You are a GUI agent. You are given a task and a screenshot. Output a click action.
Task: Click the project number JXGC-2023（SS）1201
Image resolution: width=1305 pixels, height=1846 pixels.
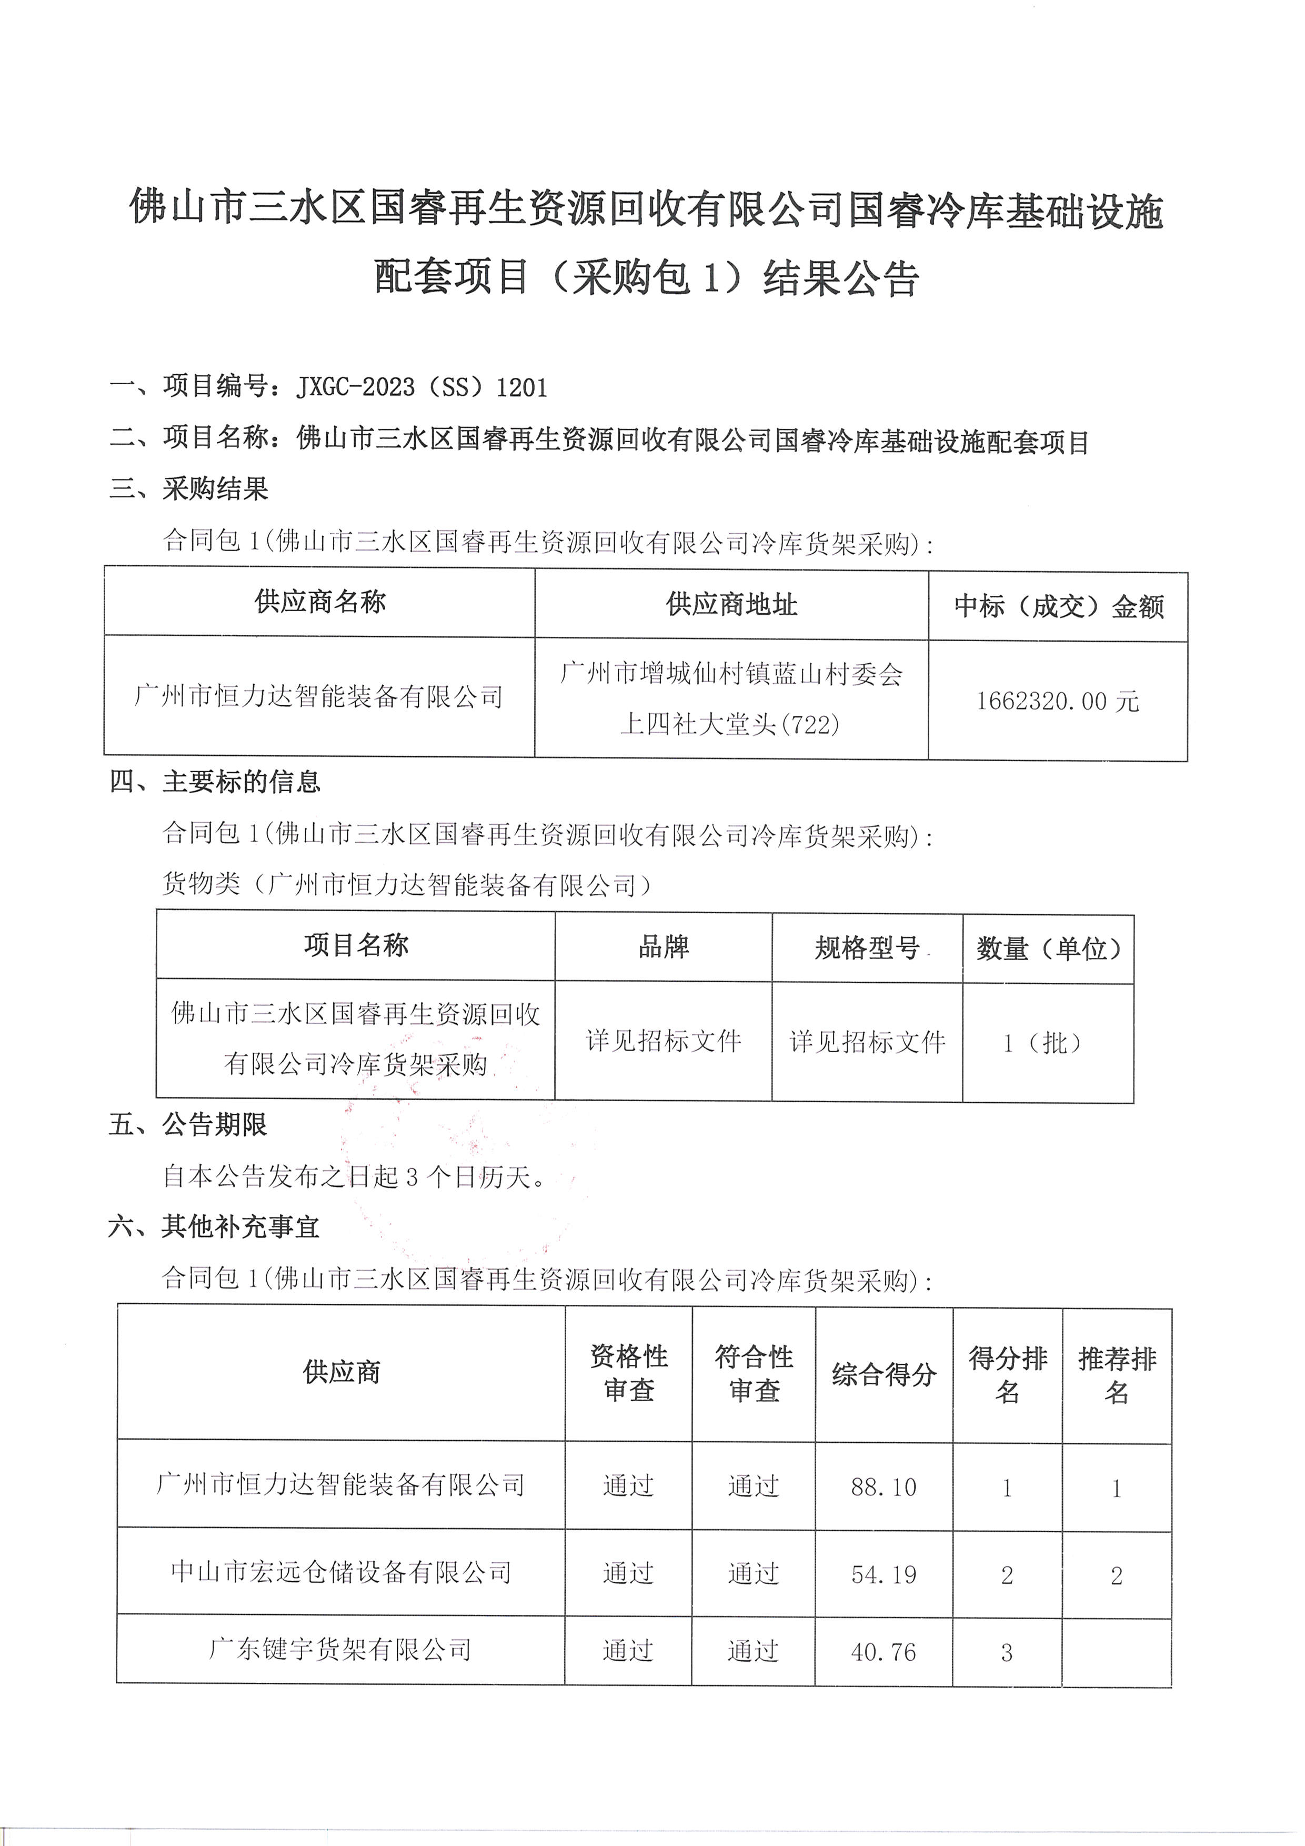click(x=422, y=387)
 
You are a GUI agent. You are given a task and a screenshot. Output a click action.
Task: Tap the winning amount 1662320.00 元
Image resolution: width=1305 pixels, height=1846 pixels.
click(x=1058, y=701)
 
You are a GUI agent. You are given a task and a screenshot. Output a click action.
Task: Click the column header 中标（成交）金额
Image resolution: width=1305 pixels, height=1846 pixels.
click(x=1058, y=606)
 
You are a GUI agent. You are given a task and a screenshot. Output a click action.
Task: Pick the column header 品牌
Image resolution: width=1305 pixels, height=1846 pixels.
click(x=664, y=947)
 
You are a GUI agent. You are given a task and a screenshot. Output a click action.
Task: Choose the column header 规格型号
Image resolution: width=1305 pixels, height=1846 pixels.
click(x=867, y=949)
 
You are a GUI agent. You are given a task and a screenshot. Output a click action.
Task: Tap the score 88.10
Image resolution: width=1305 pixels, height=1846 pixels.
click(x=883, y=1488)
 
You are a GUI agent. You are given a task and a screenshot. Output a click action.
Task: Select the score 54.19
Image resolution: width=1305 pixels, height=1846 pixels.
click(x=883, y=1575)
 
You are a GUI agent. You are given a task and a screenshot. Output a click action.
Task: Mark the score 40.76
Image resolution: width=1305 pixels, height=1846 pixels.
click(x=883, y=1653)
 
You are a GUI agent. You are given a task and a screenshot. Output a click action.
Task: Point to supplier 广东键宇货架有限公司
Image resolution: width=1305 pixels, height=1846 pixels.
click(x=340, y=1650)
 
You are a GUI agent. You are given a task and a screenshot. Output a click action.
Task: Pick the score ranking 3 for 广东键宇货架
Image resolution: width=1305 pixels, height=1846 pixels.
click(x=1007, y=1653)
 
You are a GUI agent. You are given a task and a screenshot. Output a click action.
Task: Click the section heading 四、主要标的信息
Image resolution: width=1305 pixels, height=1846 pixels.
click(x=215, y=782)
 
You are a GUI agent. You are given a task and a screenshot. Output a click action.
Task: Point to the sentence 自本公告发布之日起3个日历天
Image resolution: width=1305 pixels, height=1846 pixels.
click(x=354, y=1177)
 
